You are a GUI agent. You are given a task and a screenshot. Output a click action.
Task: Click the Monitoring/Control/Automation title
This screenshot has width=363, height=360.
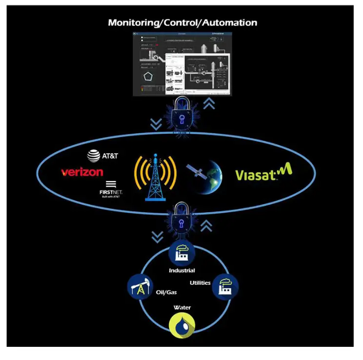pos(182,22)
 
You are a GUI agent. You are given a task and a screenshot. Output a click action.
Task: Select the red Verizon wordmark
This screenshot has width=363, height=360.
pos(82,172)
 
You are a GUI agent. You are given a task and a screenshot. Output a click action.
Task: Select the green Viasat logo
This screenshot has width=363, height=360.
pos(263,174)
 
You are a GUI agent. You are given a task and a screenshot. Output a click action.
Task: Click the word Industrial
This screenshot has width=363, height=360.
pos(182,270)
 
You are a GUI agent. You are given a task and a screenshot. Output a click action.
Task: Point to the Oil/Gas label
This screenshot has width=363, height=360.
pos(166,292)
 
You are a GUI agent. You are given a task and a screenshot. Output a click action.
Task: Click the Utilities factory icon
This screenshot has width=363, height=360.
pos(226,287)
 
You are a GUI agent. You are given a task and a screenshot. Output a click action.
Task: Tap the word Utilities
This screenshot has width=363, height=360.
pos(200,282)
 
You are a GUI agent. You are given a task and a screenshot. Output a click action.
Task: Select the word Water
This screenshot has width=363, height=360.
pos(182,307)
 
